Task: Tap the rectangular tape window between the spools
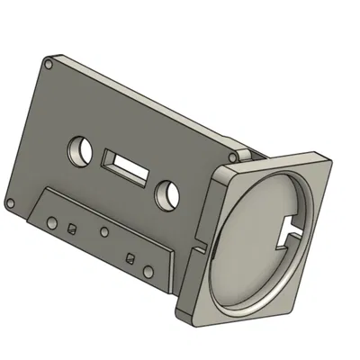pyautogui.click(x=123, y=167)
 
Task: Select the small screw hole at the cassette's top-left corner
pyautogui.click(x=48, y=65)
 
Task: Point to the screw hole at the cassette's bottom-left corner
pyautogui.click(x=10, y=202)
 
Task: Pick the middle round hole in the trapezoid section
pyautogui.click(x=103, y=232)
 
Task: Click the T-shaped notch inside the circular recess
pyautogui.click(x=292, y=229)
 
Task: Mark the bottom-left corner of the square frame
pyautogui.click(x=177, y=310)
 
